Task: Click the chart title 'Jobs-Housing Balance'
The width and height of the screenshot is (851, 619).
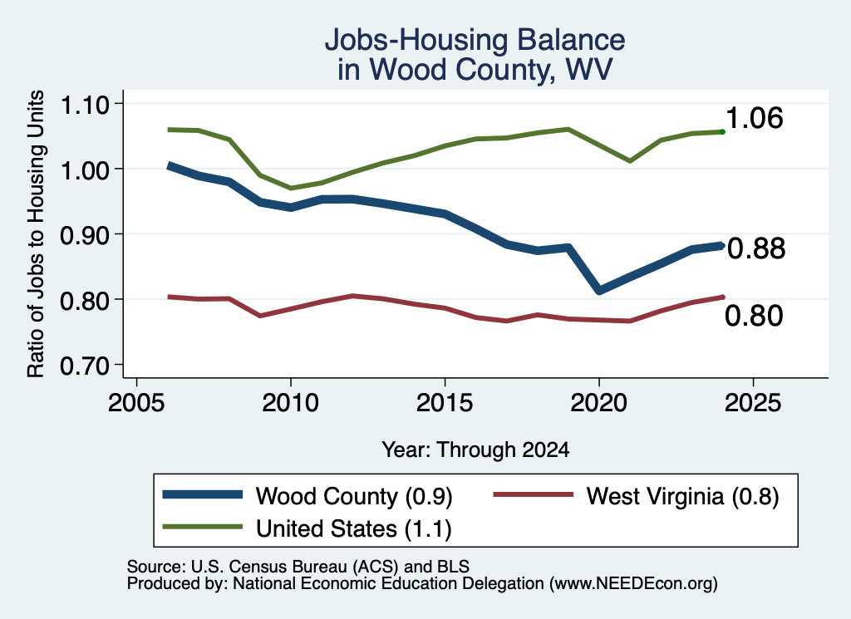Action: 475,40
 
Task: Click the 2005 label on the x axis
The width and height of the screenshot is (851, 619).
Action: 137,403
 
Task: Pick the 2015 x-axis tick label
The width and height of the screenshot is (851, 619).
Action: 445,403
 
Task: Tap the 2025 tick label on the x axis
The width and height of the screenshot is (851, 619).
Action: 753,403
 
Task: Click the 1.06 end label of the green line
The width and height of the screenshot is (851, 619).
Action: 755,118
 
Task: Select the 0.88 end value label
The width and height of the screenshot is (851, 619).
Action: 756,248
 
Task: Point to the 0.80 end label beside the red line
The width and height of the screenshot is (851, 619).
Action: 754,316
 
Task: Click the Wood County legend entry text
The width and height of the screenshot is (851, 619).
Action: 354,496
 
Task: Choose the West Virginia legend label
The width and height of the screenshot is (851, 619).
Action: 683,496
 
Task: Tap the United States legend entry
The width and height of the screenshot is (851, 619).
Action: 354,529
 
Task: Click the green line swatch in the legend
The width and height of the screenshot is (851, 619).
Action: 203,527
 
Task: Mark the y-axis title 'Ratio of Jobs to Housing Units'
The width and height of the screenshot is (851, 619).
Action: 36,233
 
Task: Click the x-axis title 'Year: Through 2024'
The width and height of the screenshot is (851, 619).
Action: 475,450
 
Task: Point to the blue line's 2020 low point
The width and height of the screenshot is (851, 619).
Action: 599,290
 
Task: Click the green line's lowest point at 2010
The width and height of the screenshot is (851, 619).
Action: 291,189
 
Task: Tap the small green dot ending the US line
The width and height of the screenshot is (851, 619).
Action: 722,132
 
